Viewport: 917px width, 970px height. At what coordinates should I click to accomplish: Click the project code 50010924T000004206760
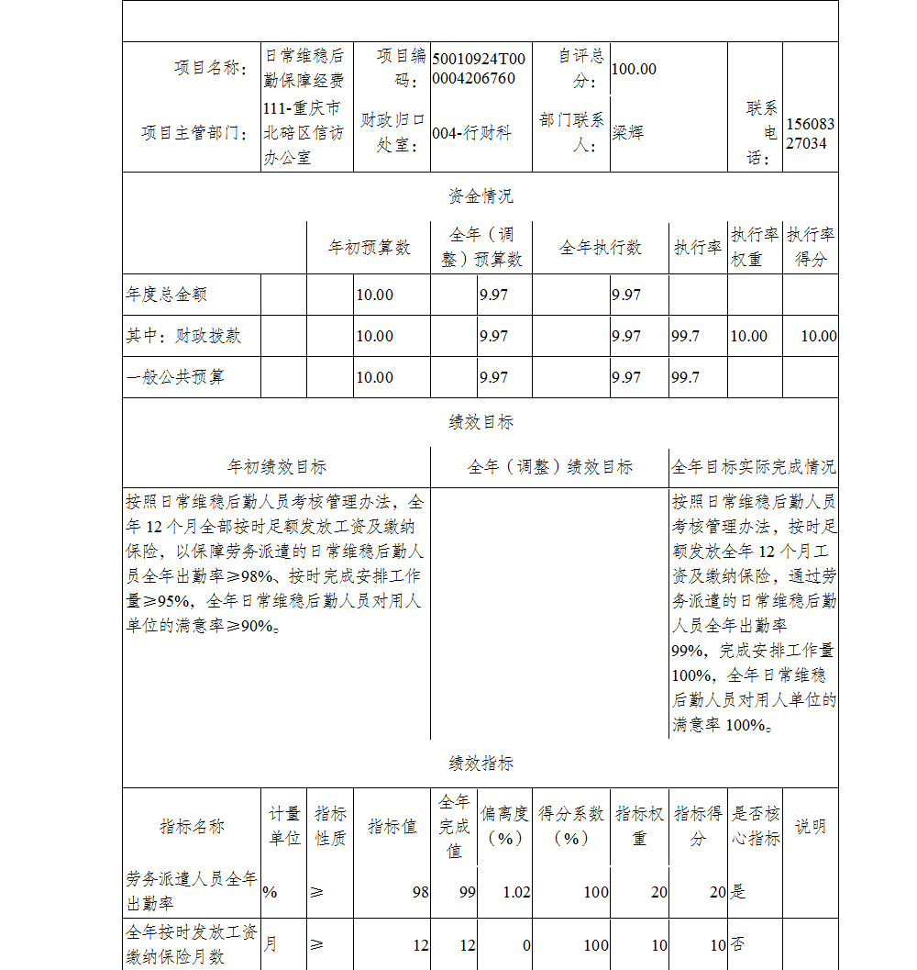479,69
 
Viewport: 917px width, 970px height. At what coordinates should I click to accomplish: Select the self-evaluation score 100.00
634,69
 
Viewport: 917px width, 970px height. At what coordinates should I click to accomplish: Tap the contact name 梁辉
628,132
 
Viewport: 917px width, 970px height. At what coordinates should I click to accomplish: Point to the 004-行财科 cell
471,133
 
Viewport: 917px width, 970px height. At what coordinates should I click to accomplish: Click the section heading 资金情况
481,196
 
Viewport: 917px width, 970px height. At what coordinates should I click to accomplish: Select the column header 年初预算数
370,248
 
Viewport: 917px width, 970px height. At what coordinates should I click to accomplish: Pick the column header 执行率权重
755,248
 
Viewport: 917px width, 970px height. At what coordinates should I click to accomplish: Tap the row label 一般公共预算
175,377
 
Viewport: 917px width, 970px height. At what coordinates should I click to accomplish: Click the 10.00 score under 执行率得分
818,336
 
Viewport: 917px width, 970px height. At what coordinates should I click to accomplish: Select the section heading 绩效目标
481,422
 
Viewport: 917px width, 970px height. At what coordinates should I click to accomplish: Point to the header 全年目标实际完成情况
753,467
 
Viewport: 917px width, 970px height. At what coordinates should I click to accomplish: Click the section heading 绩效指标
481,764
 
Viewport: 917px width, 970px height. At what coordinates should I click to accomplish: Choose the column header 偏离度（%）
505,826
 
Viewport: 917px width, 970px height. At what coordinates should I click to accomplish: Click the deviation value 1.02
517,892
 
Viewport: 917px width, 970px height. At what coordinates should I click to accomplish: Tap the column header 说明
810,826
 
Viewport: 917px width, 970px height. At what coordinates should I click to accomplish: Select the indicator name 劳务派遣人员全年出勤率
192,891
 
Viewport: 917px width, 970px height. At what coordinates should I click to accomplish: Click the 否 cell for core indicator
736,944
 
